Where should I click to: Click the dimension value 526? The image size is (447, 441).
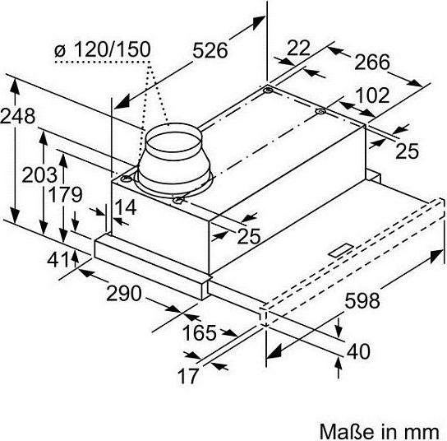210,51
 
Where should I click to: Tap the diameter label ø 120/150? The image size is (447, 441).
103,49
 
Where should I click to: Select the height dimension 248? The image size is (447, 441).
18,116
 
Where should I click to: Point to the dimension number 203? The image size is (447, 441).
39,174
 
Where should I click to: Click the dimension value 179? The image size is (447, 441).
66,194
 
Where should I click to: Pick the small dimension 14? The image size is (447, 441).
126,207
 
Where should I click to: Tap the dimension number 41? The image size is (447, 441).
58,260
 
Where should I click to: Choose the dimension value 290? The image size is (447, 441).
124,293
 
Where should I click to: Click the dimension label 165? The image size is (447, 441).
200,333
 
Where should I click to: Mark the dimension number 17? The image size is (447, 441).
187,375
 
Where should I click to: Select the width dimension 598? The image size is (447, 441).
362,300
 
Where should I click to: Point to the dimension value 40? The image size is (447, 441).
358,351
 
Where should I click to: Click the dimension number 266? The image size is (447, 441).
371,62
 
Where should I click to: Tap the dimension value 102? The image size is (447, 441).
372,95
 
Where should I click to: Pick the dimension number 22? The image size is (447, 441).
298,48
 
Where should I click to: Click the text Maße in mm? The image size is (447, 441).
380,431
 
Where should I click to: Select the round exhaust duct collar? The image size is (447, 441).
174,160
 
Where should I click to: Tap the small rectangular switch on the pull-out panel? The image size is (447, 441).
342,250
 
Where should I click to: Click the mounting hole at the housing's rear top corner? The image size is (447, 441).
268,91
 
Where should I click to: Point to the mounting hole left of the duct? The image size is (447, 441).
127,179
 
